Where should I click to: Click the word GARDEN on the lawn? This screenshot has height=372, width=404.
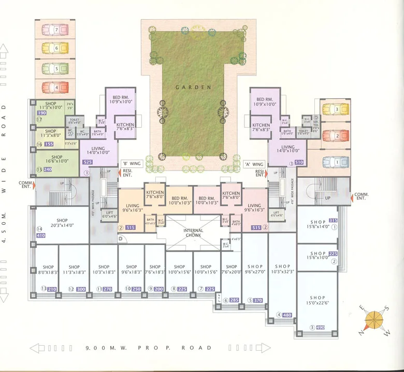click(x=193, y=88)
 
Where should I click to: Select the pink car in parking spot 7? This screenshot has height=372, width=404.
click(x=55, y=29)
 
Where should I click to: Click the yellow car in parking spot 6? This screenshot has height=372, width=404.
click(x=55, y=49)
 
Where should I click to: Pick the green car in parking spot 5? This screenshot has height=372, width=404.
click(x=55, y=68)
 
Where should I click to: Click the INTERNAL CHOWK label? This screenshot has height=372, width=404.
click(x=193, y=234)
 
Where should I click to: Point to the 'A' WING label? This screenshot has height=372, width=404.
click(x=254, y=164)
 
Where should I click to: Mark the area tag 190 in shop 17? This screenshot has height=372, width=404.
click(x=42, y=112)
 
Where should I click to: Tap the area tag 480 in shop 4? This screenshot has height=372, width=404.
click(x=287, y=315)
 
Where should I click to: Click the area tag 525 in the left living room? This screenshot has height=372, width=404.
click(x=87, y=162)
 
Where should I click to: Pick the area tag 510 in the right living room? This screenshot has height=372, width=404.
click(x=299, y=162)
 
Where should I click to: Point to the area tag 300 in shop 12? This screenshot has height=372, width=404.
click(x=81, y=289)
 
